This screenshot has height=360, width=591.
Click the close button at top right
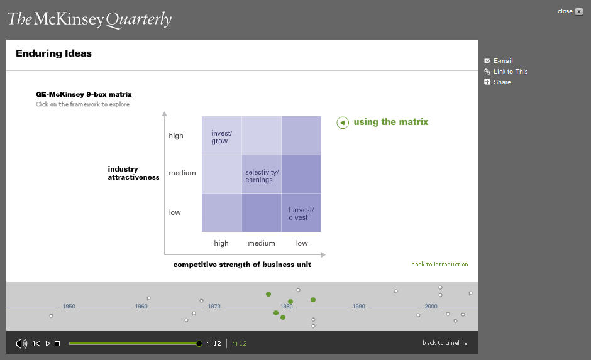[579, 12]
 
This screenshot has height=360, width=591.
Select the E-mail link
[499, 60]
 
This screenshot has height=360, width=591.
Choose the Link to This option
[506, 71]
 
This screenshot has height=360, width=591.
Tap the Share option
[497, 82]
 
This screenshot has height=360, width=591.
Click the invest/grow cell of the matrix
[221, 136]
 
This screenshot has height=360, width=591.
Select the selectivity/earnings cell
[262, 174]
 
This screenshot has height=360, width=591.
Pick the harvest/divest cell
[301, 213]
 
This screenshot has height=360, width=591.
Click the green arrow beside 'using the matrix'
[343, 123]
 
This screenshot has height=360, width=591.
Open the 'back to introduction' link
[439, 265]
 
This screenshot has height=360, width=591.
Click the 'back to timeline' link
[445, 342]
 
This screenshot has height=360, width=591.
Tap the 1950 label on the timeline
[69, 307]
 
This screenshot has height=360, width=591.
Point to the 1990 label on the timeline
[358, 307]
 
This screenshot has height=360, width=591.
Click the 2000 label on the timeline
[431, 307]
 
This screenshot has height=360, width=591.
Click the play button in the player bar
[48, 344]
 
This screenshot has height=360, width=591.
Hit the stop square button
[57, 344]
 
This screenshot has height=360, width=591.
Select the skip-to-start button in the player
[36, 344]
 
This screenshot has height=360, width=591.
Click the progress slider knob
[199, 344]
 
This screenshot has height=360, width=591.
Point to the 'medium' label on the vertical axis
[182, 173]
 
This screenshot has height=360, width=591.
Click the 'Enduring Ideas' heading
[54, 53]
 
